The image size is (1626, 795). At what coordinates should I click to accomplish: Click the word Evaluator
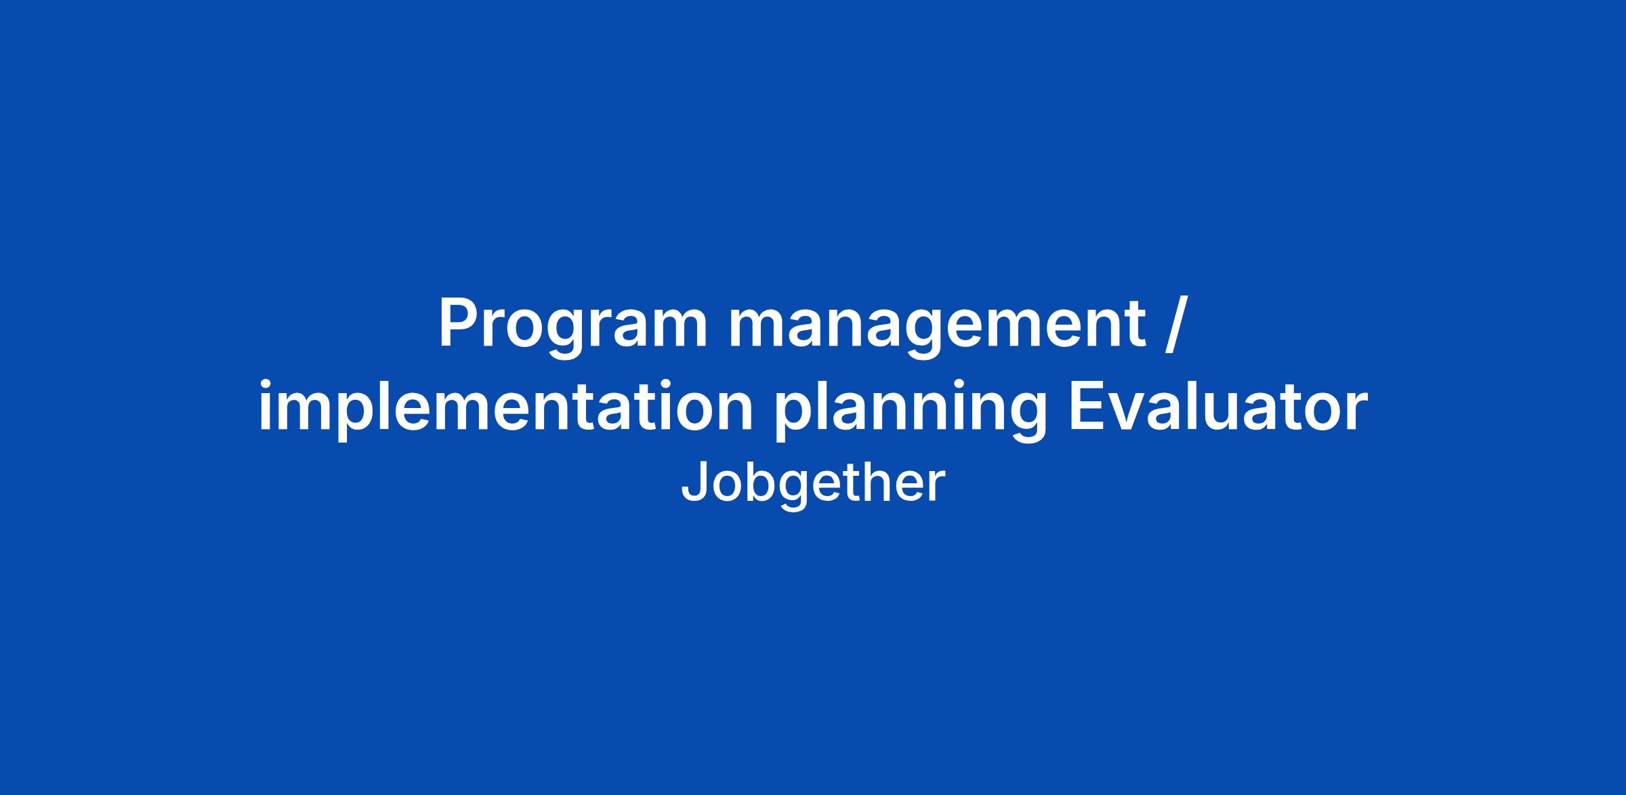pyautogui.click(x=1217, y=407)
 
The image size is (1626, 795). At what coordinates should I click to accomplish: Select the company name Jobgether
pyautogui.click(x=812, y=483)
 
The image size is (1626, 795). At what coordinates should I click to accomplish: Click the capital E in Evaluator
pyautogui.click(x=1085, y=407)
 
